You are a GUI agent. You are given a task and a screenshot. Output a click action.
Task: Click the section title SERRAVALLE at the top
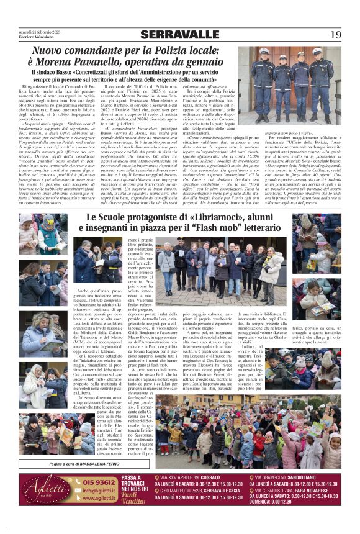(179, 35)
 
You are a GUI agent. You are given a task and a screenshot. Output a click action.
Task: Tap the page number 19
(336, 35)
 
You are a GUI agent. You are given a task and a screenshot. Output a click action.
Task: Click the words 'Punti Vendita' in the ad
(135, 500)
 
